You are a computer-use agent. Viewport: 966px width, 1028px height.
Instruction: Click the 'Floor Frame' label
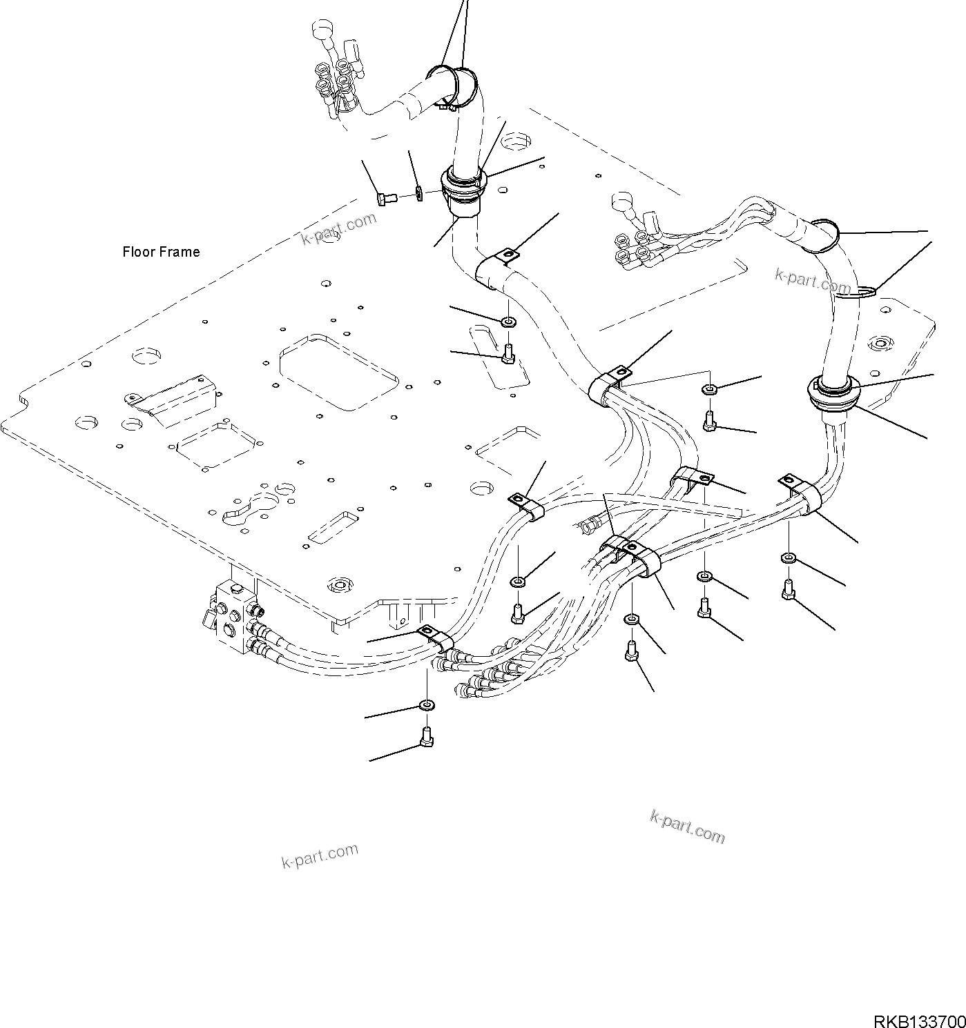pyautogui.click(x=161, y=252)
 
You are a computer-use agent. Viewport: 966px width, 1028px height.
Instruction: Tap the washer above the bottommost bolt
pyautogui.click(x=427, y=705)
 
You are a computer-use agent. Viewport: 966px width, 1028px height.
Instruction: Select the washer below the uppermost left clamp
pyautogui.click(x=509, y=322)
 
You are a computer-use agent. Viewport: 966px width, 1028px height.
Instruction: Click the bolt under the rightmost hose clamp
pyautogui.click(x=789, y=591)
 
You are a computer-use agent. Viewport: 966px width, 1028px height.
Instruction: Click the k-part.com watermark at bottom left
pyautogui.click(x=320, y=856)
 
